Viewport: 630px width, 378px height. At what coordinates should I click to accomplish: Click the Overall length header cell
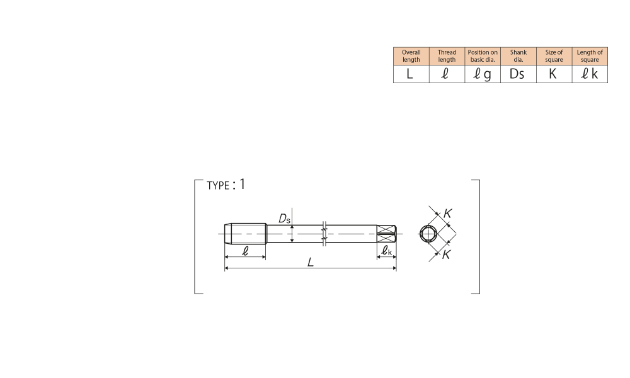[411, 56]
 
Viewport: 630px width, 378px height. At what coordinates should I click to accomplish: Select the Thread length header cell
[447, 56]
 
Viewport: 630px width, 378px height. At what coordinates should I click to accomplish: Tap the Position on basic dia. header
[483, 56]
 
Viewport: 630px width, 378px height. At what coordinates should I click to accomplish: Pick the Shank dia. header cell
[518, 56]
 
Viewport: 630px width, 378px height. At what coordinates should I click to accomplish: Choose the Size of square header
[554, 56]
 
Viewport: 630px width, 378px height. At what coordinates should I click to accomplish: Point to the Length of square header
[590, 56]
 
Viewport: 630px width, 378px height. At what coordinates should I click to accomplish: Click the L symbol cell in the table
[411, 74]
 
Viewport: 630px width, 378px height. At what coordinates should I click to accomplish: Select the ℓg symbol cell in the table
[483, 74]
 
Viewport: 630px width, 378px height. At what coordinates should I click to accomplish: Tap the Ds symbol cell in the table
[518, 74]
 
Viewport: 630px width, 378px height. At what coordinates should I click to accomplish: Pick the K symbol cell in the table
[554, 74]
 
